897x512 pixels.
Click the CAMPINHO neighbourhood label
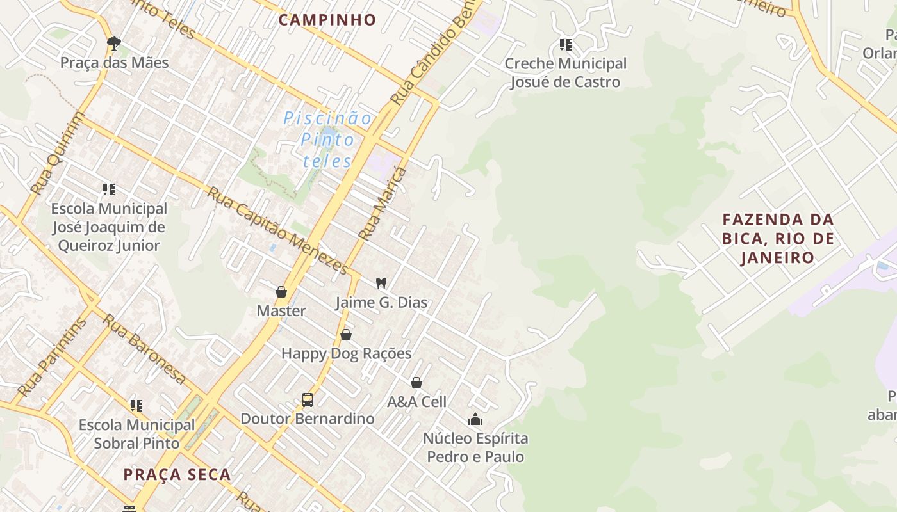(327, 20)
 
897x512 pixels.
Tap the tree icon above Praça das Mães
(114, 44)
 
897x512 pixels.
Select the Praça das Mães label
(115, 63)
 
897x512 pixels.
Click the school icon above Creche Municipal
(565, 45)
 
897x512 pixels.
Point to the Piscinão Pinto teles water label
(327, 140)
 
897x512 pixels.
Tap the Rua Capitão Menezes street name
(278, 230)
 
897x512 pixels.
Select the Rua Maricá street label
(383, 204)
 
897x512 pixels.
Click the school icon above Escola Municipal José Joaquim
(109, 189)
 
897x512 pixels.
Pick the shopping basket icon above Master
(281, 292)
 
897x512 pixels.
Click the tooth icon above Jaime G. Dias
(381, 283)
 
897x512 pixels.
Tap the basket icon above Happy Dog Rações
(346, 335)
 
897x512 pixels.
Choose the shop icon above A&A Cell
(416, 383)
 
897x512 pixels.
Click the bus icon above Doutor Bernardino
(308, 400)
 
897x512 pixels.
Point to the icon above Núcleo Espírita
(475, 420)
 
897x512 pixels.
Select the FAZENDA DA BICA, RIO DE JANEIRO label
(778, 239)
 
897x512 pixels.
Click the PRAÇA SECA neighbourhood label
(177, 475)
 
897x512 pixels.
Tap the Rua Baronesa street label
(145, 349)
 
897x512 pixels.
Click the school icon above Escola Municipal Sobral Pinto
(136, 406)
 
